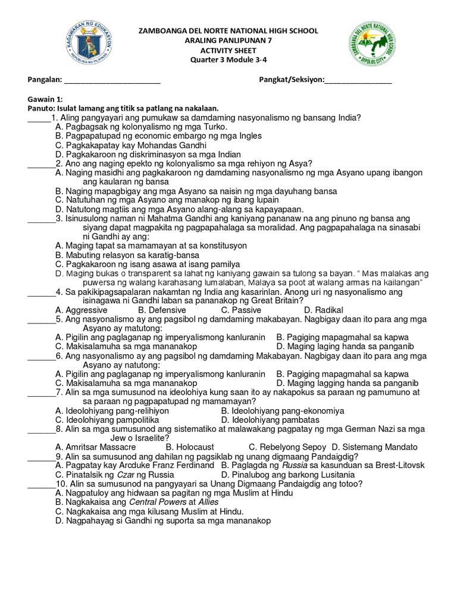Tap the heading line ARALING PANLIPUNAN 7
[x=228, y=40]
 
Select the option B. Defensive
[x=162, y=310]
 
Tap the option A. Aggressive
[x=81, y=310]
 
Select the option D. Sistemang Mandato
[x=374, y=447]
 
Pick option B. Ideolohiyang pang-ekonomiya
[x=282, y=411]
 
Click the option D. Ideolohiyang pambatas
[x=270, y=420]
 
